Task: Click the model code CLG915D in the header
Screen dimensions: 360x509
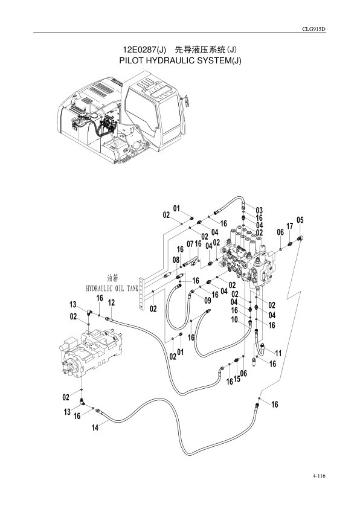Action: coord(314,29)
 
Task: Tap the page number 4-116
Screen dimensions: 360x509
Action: coord(319,476)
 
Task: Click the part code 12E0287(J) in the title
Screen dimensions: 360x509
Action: coord(144,50)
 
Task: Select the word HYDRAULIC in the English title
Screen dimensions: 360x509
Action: coord(172,61)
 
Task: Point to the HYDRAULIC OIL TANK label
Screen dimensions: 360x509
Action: coord(112,288)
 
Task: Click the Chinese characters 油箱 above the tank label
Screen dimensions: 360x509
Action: coord(112,278)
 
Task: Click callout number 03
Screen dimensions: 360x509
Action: coord(259,210)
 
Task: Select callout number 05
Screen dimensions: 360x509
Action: coord(300,220)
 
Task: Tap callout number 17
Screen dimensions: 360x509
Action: coord(289,226)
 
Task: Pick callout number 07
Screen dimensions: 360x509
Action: coord(190,243)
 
